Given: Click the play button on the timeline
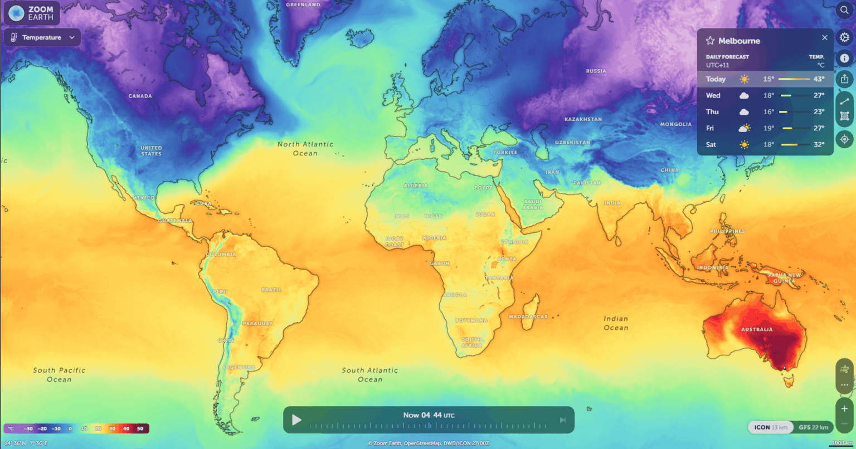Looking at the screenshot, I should tap(296, 420).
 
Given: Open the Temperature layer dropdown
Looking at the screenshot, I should tap(42, 37).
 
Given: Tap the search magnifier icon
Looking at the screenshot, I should tap(844, 10).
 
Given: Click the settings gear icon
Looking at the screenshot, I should tap(844, 37).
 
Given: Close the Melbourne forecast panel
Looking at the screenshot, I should tap(825, 38).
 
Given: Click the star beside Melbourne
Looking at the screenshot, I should tap(710, 41).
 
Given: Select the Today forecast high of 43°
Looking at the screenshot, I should tap(819, 79).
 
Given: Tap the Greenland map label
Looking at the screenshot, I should tap(303, 4).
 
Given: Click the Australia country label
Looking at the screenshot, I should tap(757, 329).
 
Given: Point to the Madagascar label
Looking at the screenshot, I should tap(528, 316).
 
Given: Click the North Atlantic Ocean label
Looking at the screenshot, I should tap(305, 148).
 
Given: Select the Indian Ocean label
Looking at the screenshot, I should tap(616, 323).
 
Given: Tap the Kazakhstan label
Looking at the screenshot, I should tap(583, 119).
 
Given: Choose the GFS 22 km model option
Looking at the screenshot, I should tap(813, 427).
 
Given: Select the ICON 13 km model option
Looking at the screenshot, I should tap(771, 427).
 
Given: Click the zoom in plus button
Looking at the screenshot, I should tap(844, 409).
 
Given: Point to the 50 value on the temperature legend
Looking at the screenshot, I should tap(140, 428).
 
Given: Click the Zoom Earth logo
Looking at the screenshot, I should tap(32, 13).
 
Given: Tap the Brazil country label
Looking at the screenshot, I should tap(271, 290).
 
